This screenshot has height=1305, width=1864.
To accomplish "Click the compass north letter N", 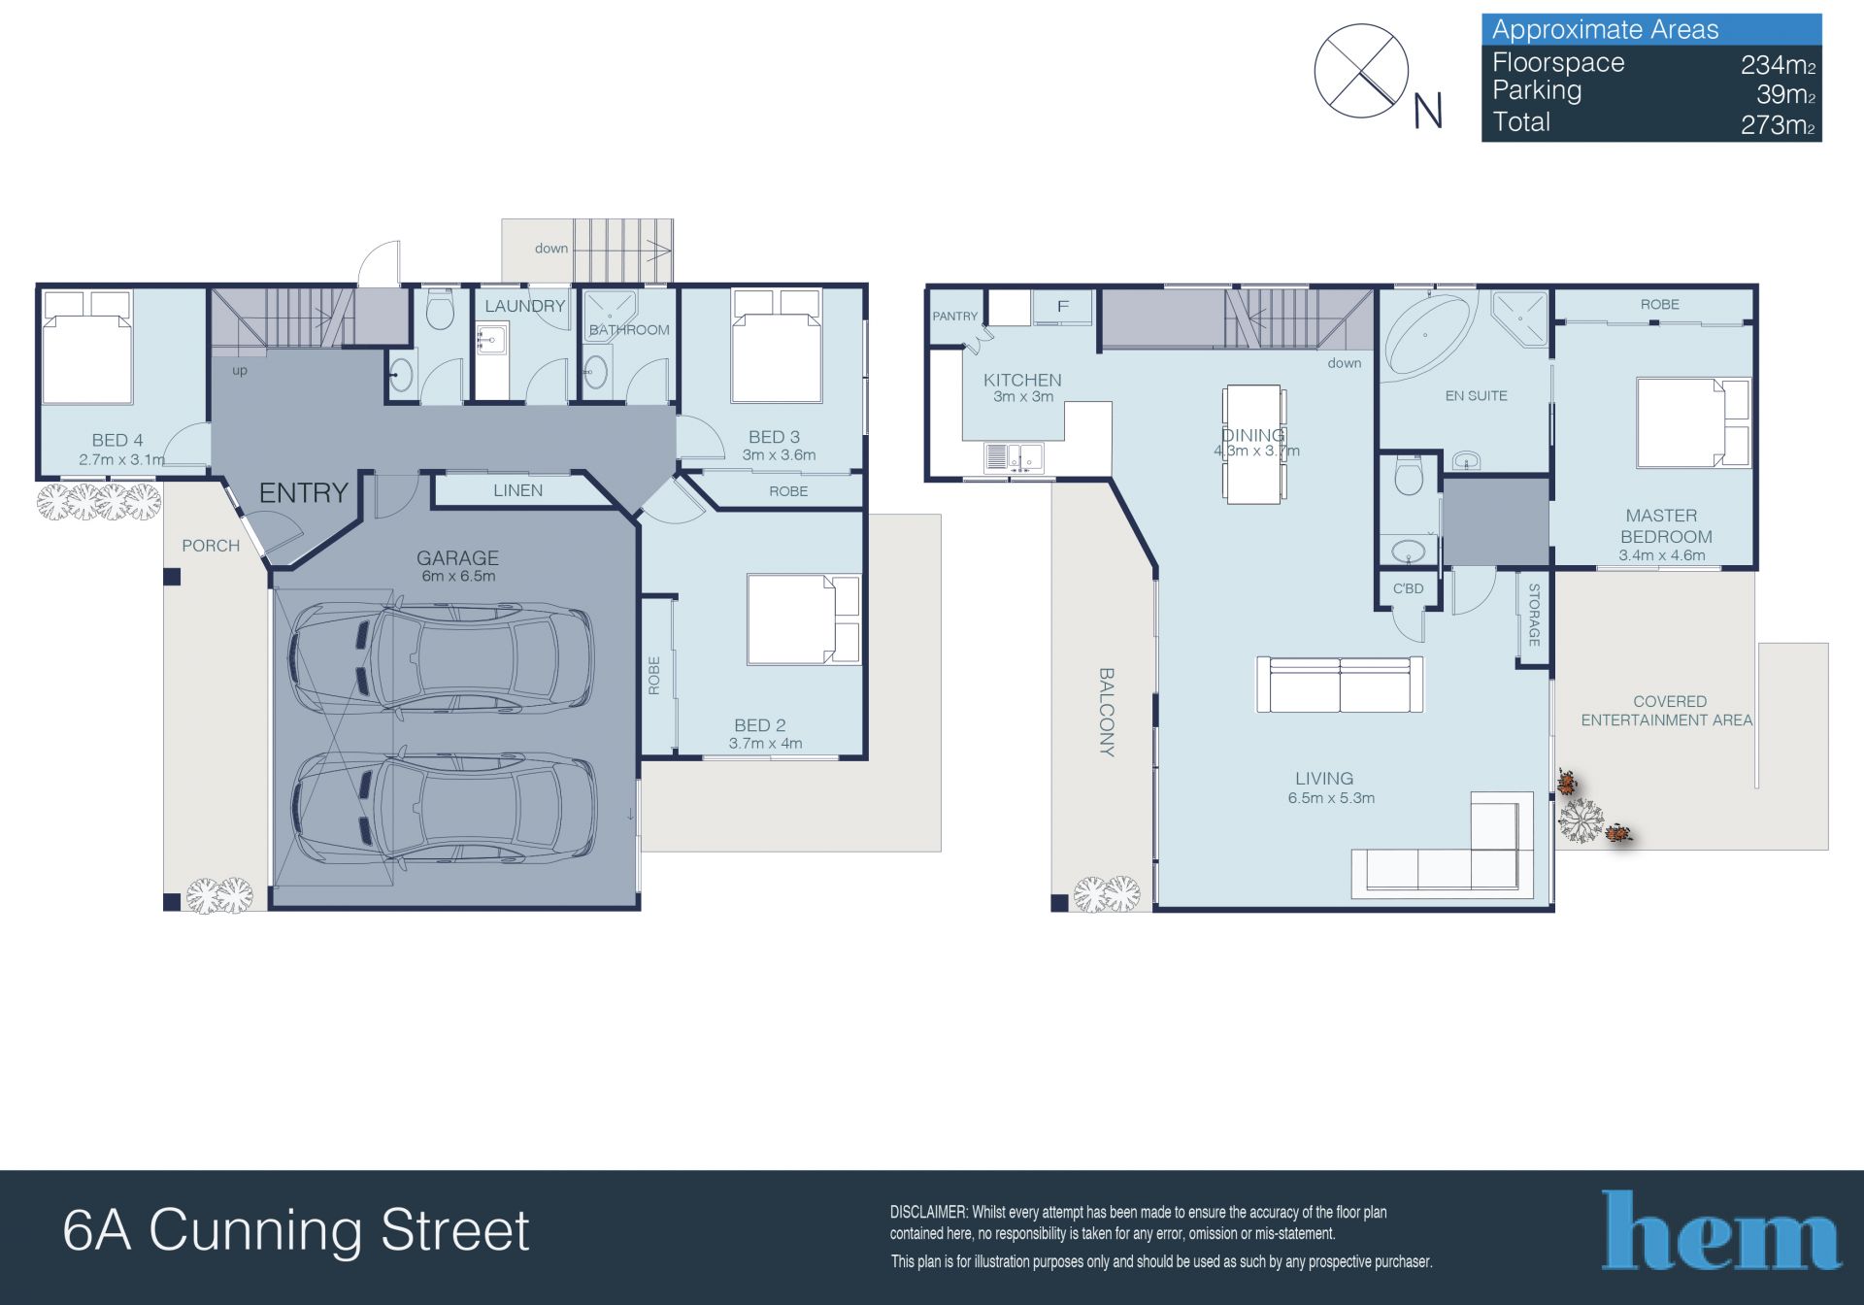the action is pyautogui.click(x=1427, y=112).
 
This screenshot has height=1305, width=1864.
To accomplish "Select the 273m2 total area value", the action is pyautogui.click(x=1778, y=124).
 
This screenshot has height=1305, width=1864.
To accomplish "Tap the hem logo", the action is pyautogui.click(x=1720, y=1230).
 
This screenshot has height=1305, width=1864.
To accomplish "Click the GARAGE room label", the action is pyautogui.click(x=457, y=558).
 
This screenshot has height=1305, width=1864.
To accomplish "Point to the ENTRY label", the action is pyautogui.click(x=303, y=493).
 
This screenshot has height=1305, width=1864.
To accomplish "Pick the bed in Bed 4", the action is pyautogui.click(x=87, y=348).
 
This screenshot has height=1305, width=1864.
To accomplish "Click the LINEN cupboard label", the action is pyautogui.click(x=517, y=490).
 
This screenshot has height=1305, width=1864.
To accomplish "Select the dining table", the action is pyautogui.click(x=1253, y=444).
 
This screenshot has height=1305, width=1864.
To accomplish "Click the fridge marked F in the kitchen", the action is pyautogui.click(x=1063, y=307).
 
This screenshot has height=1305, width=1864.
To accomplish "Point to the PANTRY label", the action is pyautogui.click(x=955, y=317).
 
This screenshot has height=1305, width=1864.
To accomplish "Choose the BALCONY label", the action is pyautogui.click(x=1107, y=712).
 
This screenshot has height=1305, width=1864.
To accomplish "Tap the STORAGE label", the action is pyautogui.click(x=1534, y=615).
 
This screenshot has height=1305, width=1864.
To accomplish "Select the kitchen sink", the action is pyautogui.click(x=1014, y=456).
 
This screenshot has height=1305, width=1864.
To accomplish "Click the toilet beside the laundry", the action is pyautogui.click(x=440, y=309).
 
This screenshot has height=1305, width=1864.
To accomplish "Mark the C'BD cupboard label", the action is pyautogui.click(x=1408, y=588).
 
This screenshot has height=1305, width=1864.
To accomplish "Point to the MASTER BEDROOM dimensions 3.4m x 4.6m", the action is pyautogui.click(x=1661, y=555).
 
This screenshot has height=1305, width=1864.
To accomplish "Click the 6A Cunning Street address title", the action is pyautogui.click(x=296, y=1230).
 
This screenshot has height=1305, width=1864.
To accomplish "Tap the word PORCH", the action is pyautogui.click(x=211, y=546).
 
